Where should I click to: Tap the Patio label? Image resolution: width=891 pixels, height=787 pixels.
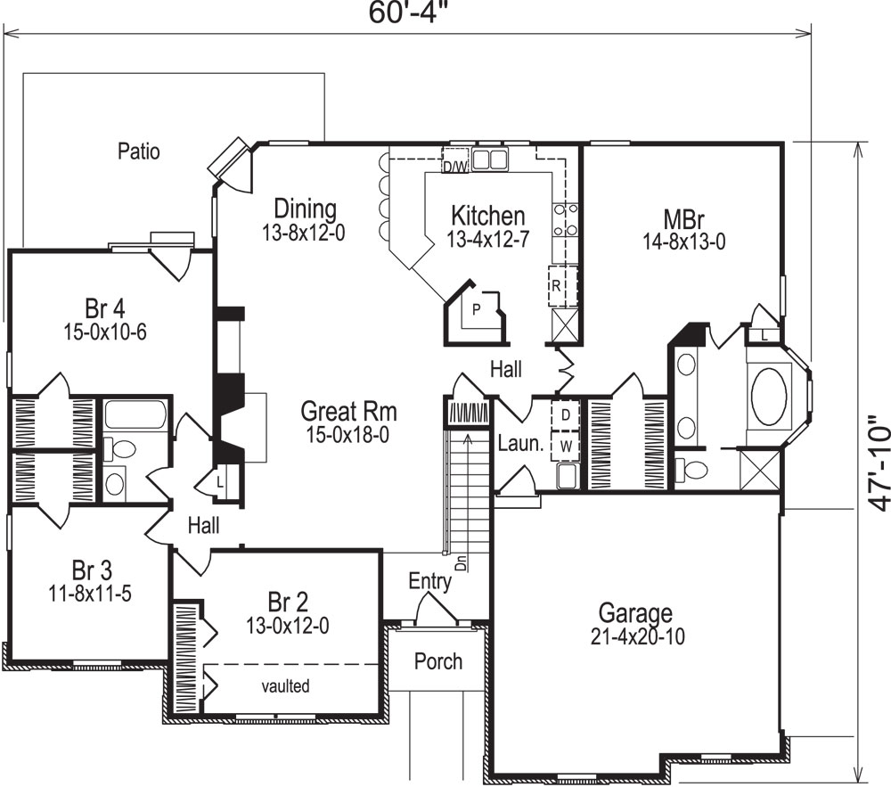(x=139, y=152)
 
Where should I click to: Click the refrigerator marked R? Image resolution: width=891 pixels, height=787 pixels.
(x=556, y=286)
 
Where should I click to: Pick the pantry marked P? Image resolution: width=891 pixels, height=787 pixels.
(x=477, y=309)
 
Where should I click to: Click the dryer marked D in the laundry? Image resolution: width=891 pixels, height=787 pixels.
(x=565, y=415)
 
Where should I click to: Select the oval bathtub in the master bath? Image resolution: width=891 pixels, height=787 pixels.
(x=771, y=398)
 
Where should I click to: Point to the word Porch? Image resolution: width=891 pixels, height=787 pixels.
(x=438, y=661)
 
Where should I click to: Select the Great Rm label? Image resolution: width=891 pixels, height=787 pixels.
(x=348, y=412)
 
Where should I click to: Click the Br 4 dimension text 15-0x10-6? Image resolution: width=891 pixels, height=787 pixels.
(x=104, y=331)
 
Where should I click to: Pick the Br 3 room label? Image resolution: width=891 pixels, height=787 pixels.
(x=92, y=570)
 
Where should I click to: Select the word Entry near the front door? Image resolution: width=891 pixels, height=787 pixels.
(x=429, y=582)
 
